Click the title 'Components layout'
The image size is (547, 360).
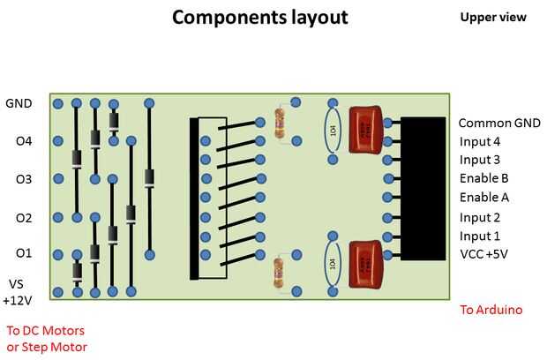coord(259,18)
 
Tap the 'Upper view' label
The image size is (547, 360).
coord(493,18)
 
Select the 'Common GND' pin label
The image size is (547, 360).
coord(499,123)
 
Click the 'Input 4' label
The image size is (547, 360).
coord(480,141)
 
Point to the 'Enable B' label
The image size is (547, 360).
coord(484,178)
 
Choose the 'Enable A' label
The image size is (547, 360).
coord(484,197)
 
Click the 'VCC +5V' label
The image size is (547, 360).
coord(483,254)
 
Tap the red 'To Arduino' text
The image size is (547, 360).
coord(491,310)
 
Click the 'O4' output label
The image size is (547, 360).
coord(24,140)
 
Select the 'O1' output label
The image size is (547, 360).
coord(24,254)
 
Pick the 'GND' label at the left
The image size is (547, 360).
coord(19,103)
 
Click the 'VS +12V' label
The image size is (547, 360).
coord(19,292)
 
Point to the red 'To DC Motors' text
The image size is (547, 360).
coord(46,331)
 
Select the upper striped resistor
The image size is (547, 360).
coord(280,124)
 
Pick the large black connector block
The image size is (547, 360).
coord(423,189)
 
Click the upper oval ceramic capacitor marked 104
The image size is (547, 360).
coord(333,131)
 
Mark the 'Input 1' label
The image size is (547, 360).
coord(480,236)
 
